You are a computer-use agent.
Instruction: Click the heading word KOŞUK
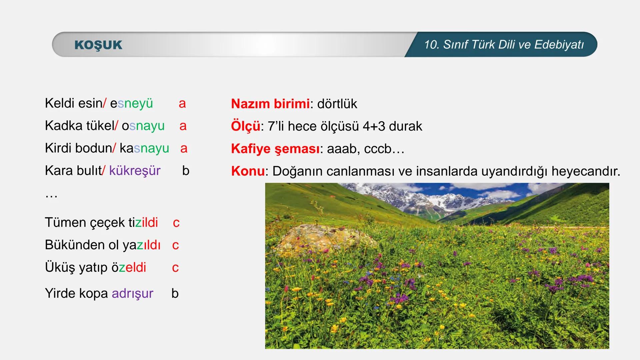[98, 45]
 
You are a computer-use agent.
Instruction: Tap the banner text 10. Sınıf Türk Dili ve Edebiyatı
[504, 45]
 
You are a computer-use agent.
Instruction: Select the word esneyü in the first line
[131, 103]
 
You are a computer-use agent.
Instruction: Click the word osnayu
[143, 126]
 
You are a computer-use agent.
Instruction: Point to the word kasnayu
[144, 148]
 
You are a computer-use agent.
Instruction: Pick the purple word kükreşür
[135, 171]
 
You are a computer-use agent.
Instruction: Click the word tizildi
[143, 222]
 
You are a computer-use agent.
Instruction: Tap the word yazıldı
[141, 245]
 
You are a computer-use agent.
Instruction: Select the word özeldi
[129, 267]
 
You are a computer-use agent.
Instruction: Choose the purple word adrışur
[132, 293]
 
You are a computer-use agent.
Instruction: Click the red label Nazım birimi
[270, 104]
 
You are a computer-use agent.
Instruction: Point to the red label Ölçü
[245, 126]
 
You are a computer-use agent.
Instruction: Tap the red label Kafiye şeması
[275, 149]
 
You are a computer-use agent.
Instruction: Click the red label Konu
[248, 171]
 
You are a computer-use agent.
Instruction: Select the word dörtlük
[337, 104]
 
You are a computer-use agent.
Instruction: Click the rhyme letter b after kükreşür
[186, 171]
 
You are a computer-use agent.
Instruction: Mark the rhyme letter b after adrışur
[175, 293]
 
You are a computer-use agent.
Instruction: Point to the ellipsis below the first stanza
[51, 195]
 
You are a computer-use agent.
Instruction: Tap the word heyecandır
[586, 171]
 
